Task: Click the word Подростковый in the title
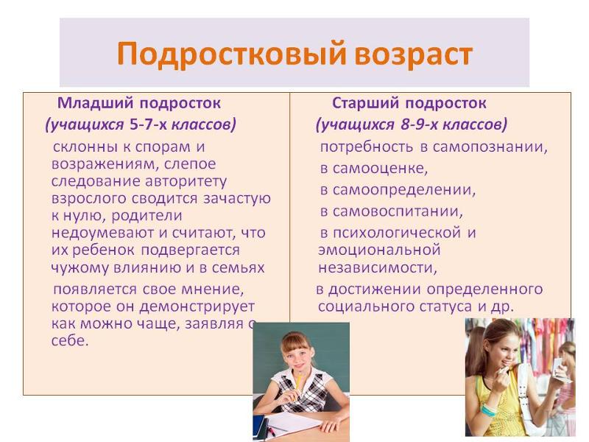click(231, 54)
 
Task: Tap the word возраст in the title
click(413, 55)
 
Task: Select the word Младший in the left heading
click(95, 103)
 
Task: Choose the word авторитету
click(186, 182)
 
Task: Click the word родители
click(147, 216)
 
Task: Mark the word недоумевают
click(103, 233)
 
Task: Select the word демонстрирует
click(197, 307)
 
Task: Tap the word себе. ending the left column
click(70, 340)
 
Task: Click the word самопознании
click(490, 147)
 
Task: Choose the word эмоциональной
click(379, 250)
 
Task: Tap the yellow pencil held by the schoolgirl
click(298, 385)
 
